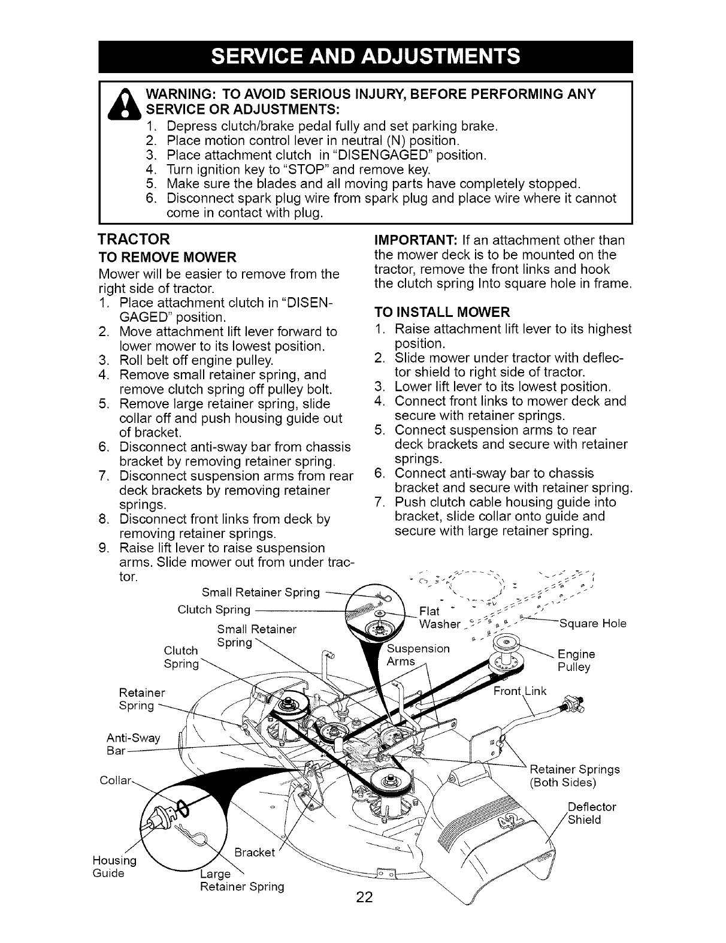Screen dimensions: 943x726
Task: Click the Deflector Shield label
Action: pyautogui.click(x=591, y=814)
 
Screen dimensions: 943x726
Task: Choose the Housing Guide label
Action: pyautogui.click(x=114, y=866)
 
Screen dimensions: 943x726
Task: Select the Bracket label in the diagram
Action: pyautogui.click(x=254, y=852)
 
